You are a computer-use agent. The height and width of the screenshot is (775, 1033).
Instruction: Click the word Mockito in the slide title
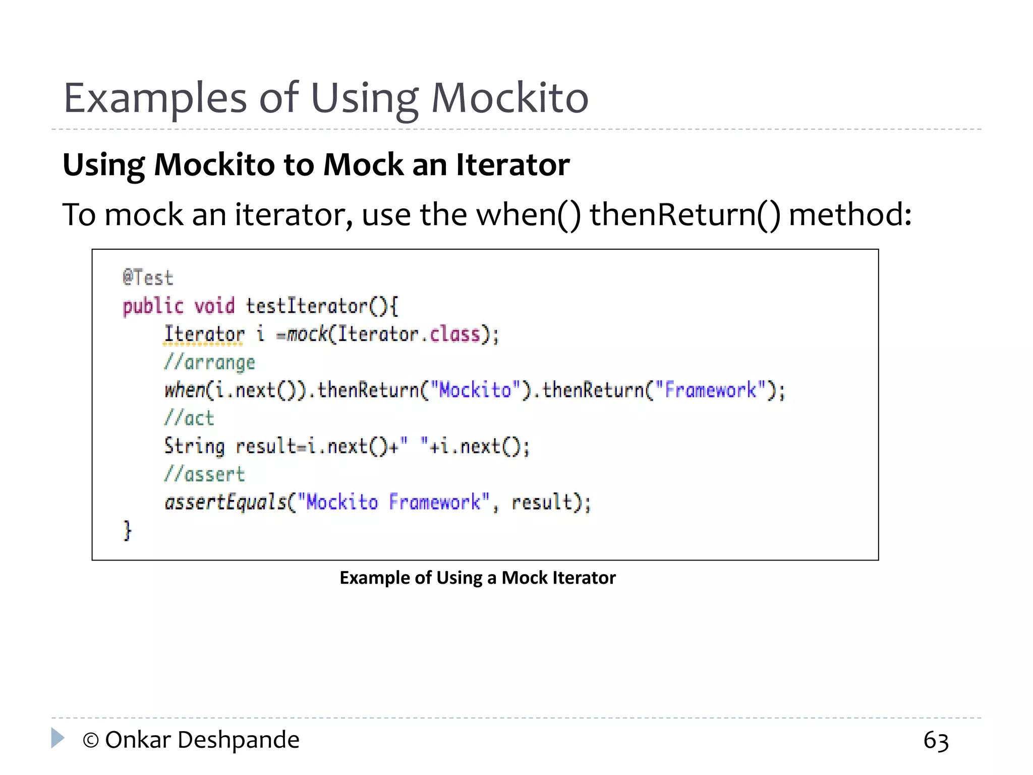point(509,98)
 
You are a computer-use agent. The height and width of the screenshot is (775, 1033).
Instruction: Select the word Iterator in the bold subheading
point(512,165)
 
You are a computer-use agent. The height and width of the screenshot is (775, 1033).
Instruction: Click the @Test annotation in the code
point(148,278)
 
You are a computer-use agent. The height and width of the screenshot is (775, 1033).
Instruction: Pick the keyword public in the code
point(153,306)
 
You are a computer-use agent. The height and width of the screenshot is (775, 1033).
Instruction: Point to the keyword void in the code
point(214,306)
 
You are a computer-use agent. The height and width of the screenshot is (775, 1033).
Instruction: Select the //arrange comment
point(209,362)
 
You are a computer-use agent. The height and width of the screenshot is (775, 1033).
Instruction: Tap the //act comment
point(189,418)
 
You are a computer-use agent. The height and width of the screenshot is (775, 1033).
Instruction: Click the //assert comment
point(204,474)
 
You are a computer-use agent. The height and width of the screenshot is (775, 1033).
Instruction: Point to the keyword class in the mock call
point(454,334)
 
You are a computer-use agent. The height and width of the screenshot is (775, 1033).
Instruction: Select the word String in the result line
point(194,447)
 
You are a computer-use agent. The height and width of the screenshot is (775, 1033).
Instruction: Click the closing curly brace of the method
point(127,530)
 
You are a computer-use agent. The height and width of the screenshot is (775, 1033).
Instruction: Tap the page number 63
point(936,741)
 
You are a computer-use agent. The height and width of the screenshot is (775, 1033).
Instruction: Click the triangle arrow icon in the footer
point(58,738)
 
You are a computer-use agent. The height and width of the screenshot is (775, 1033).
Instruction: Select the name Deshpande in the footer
point(239,741)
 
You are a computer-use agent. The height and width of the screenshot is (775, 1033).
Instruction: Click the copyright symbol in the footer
point(90,741)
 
